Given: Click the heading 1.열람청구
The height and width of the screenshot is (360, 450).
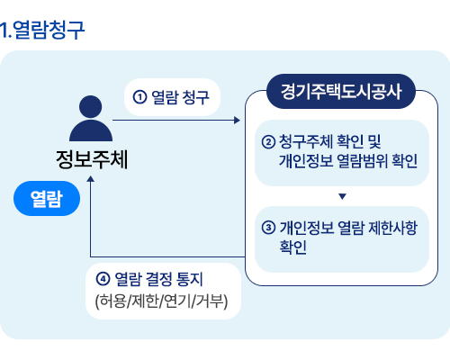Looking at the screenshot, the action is tap(42, 30).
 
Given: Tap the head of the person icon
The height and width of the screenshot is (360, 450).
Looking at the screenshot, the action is tap(90, 106).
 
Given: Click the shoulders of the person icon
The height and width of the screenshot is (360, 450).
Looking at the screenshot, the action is tap(91, 130).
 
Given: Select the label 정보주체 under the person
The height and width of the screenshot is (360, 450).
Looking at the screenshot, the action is tap(92, 159).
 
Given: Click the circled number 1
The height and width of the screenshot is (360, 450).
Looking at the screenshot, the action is tap(139, 97).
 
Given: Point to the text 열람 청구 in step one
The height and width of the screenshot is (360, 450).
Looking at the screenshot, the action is tap(180, 97).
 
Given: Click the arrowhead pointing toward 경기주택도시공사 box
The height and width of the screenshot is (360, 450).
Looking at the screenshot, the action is tap(237, 121).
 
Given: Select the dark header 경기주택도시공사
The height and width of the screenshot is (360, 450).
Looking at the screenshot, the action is tap(341, 91).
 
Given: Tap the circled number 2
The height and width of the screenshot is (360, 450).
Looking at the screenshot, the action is tap(268, 142).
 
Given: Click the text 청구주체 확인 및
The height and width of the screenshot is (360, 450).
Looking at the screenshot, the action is tap(330, 141).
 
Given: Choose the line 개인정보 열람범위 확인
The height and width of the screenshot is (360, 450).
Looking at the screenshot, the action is tap(348, 161).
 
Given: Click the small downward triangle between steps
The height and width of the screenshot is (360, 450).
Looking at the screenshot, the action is tap(342, 196).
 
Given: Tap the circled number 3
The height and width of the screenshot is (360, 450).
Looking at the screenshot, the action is tap(268, 228).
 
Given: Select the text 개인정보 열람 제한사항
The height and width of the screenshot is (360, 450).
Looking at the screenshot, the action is tap(348, 228).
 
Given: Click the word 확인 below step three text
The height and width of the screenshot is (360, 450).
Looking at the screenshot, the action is tap(293, 247).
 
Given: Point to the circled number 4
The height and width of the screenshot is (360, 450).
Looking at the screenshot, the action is tap(103, 279).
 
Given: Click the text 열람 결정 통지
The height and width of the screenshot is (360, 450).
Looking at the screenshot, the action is tap(159, 279).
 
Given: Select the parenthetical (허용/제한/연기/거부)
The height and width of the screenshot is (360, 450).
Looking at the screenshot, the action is tap(161, 301).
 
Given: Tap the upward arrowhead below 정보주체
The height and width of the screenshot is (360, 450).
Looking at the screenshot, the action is tap(90, 179).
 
